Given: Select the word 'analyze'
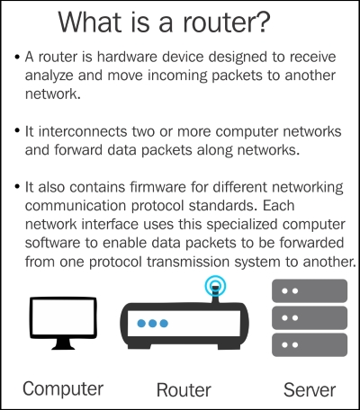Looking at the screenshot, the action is (49, 76).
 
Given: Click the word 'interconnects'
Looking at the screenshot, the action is (83, 131).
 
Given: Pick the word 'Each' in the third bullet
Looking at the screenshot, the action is (279, 206).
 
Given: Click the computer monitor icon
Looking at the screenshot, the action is (63, 323).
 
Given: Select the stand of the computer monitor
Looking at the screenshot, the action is (63, 344).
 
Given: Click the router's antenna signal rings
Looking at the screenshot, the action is (215, 285).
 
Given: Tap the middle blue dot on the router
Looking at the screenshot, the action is (152, 324).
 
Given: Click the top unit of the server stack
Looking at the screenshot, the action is (310, 290).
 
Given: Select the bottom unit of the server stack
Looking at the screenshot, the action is (310, 345).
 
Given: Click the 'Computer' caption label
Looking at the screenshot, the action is (63, 389).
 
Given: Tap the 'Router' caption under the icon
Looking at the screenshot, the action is (184, 390).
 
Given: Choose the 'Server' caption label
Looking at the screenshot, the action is (310, 390).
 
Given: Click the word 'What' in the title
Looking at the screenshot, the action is (90, 22).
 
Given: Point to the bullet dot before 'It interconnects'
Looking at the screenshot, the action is (17, 131).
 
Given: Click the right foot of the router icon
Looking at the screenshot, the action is (229, 346).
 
